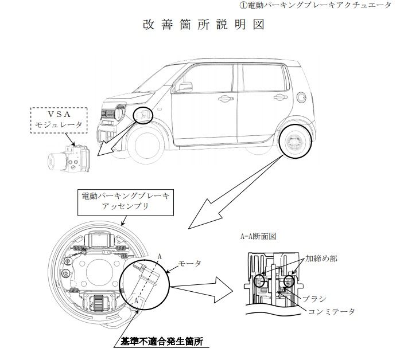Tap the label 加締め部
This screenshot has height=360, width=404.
coord(321,259)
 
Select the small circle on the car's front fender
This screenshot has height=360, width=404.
coord(143,116)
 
